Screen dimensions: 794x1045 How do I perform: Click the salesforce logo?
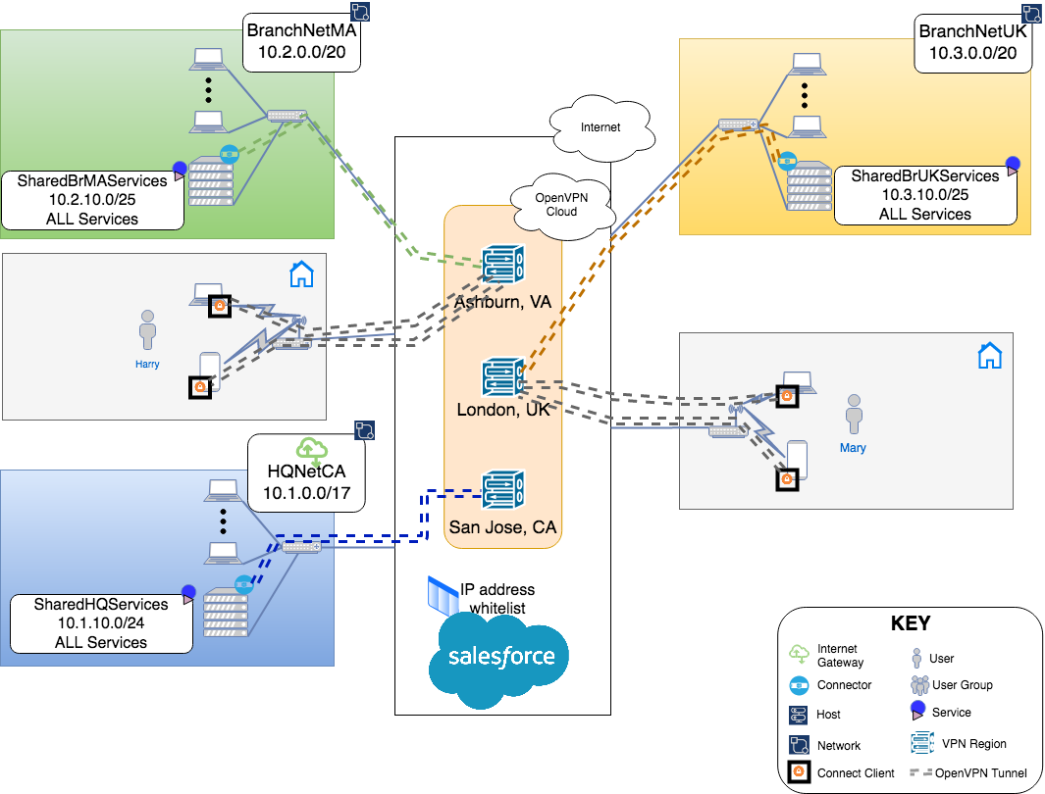(501, 658)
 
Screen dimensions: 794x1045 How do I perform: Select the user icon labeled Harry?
(148, 330)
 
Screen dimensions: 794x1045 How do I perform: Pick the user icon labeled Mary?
(854, 415)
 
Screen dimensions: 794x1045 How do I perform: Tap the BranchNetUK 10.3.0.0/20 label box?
(973, 44)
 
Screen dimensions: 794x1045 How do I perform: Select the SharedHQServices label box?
(101, 623)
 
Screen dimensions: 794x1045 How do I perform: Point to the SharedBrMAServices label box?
(92, 200)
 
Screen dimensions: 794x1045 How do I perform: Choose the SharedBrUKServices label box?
(925, 195)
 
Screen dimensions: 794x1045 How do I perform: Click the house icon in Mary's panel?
(990, 355)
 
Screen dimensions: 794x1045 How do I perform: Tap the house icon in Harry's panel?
(301, 274)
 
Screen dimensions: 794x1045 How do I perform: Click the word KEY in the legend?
(910, 623)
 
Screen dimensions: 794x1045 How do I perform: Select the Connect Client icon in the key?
(799, 772)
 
